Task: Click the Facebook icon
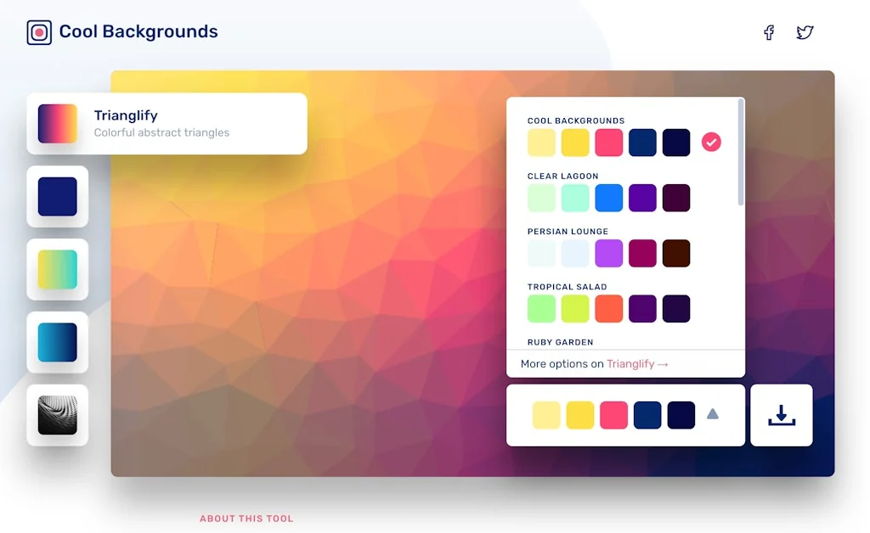[769, 32]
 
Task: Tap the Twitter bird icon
[805, 32]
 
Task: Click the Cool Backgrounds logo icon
[39, 32]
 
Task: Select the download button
[781, 415]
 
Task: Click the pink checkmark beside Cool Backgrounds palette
[711, 142]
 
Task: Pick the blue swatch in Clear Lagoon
[608, 198]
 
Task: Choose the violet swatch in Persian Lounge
[608, 253]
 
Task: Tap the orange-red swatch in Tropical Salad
[608, 308]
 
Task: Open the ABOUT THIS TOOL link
[246, 518]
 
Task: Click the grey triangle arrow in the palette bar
[712, 414]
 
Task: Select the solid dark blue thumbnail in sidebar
[57, 196]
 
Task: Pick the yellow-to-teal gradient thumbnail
[57, 269]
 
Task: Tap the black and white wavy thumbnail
[57, 415]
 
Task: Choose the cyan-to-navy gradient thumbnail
[57, 342]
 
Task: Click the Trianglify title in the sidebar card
[126, 115]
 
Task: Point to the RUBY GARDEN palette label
[559, 342]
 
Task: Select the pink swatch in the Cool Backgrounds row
[608, 142]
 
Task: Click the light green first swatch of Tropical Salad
[541, 308]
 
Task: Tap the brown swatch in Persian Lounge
[676, 253]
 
